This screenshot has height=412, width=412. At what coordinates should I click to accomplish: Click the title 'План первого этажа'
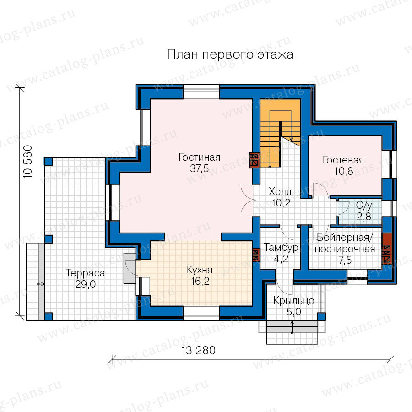[x=230, y=54]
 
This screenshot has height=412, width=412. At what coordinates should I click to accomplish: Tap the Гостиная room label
[x=199, y=157]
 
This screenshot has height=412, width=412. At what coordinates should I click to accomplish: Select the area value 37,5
[x=199, y=168]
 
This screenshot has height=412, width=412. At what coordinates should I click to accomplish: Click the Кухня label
[x=200, y=270]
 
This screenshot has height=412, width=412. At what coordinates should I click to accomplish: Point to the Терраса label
[x=86, y=273]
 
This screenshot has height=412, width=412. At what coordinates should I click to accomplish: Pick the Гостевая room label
[x=343, y=160]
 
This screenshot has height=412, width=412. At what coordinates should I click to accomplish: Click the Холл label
[x=280, y=191]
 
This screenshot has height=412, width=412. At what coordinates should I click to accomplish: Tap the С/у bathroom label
[x=364, y=206]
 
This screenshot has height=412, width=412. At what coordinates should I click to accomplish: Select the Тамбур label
[x=281, y=248]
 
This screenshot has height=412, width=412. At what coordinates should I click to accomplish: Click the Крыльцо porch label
[x=294, y=301]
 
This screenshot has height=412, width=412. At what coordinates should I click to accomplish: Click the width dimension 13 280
[x=198, y=350]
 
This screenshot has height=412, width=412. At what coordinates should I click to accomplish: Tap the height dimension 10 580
[x=28, y=162]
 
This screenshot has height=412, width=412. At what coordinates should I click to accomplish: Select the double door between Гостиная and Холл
[x=248, y=200]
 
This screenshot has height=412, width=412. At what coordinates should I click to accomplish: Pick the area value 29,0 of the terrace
[x=86, y=284]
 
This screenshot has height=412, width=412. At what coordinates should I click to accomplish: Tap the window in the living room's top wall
[x=201, y=92]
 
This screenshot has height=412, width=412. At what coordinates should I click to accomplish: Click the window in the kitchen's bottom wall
[x=201, y=313]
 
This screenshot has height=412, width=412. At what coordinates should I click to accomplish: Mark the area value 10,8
[x=343, y=171]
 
